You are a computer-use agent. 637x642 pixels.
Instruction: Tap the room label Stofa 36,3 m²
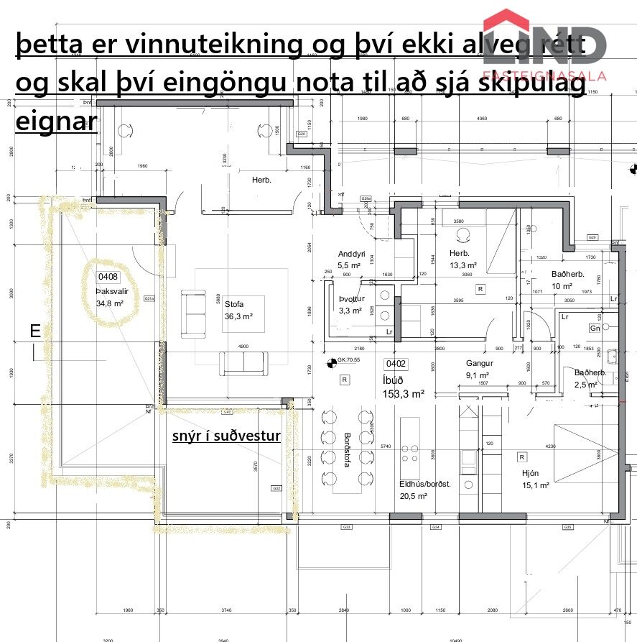pos(238,310)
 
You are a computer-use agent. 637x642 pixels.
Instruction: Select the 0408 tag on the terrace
pos(108,277)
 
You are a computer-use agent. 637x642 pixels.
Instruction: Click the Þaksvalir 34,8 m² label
pos(110,298)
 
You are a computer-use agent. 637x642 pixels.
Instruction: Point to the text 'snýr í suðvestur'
pos(226,436)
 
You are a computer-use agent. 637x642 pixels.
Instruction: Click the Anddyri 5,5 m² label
pos(352,259)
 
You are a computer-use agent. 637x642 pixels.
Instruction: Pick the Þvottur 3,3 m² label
pos(351,304)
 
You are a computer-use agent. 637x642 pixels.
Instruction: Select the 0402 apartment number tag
pos(396,364)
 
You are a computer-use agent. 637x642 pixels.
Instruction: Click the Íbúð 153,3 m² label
pos(403,387)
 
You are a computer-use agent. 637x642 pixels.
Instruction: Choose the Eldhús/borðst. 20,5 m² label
pos(424,490)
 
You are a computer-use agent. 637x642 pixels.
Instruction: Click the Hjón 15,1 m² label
pos(535,479)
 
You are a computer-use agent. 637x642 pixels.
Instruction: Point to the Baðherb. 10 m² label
pos(567,280)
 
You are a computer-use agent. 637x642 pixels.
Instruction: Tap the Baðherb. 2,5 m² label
pos(590,378)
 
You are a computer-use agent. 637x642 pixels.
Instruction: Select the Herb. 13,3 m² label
pos(460,259)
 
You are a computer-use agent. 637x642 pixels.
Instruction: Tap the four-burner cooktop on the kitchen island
pos(410,453)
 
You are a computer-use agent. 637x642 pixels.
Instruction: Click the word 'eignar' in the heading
pos(56,120)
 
